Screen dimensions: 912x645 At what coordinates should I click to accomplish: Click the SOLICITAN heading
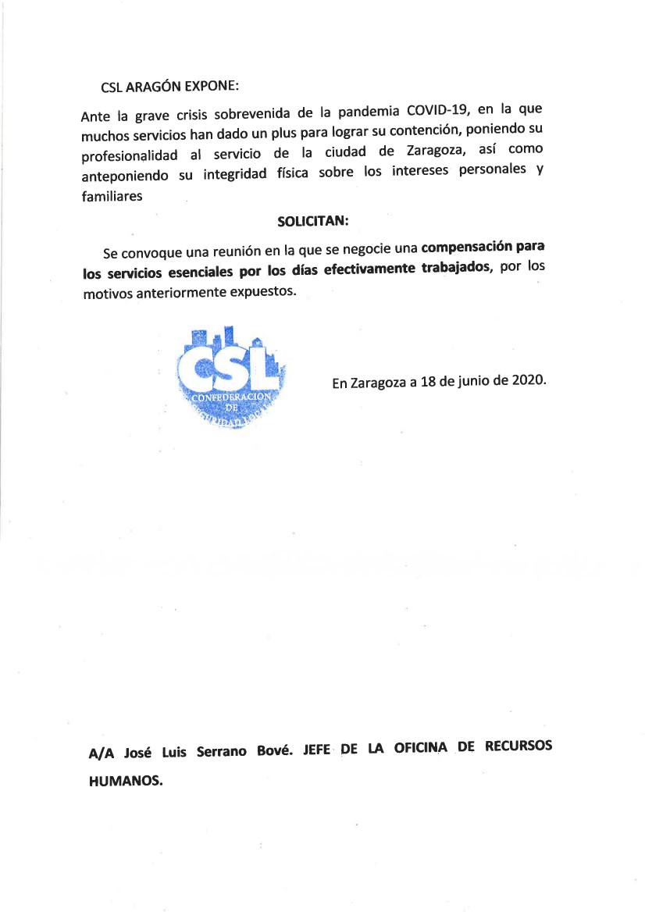(x=312, y=221)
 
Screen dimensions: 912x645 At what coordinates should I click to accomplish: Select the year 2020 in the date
(x=529, y=380)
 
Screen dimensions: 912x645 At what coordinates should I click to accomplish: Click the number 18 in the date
(x=427, y=382)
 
